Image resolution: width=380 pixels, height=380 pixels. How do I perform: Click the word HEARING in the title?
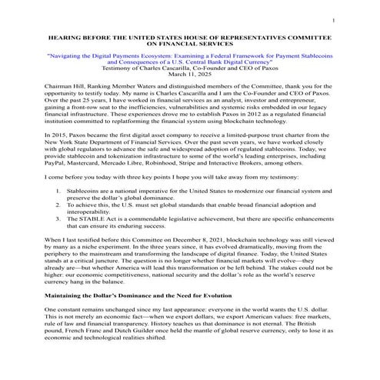(x=63, y=37)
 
